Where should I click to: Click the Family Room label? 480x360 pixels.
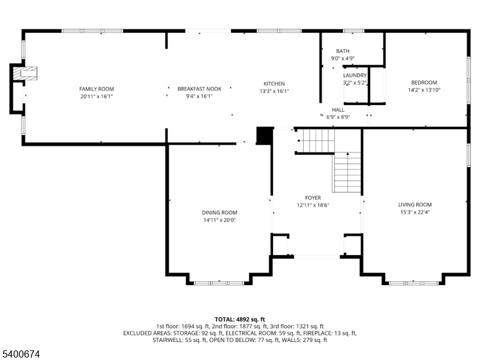(97, 89)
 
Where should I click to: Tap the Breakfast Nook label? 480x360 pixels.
(199, 89)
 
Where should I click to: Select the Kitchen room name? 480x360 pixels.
(274, 83)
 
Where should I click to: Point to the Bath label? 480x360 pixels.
(343, 51)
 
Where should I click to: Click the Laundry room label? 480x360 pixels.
(355, 76)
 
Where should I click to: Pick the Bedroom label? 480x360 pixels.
(424, 82)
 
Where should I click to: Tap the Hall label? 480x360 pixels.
(338, 110)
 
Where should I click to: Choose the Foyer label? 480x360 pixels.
(313, 198)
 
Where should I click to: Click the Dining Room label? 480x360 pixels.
(220, 212)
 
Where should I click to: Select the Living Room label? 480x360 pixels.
(415, 205)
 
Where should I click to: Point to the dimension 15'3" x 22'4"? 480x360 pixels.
(415, 212)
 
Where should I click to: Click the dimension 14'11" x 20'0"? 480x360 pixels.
(220, 220)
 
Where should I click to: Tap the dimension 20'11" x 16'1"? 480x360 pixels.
(97, 97)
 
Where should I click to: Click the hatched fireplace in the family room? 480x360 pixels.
(25, 73)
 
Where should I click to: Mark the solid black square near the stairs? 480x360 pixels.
(265, 136)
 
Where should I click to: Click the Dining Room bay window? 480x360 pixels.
(219, 283)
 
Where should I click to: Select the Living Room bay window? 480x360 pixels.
(413, 283)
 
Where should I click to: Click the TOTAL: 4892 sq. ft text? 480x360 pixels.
(239, 320)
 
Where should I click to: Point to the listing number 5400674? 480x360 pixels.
(20, 354)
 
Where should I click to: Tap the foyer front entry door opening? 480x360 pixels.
(317, 257)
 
